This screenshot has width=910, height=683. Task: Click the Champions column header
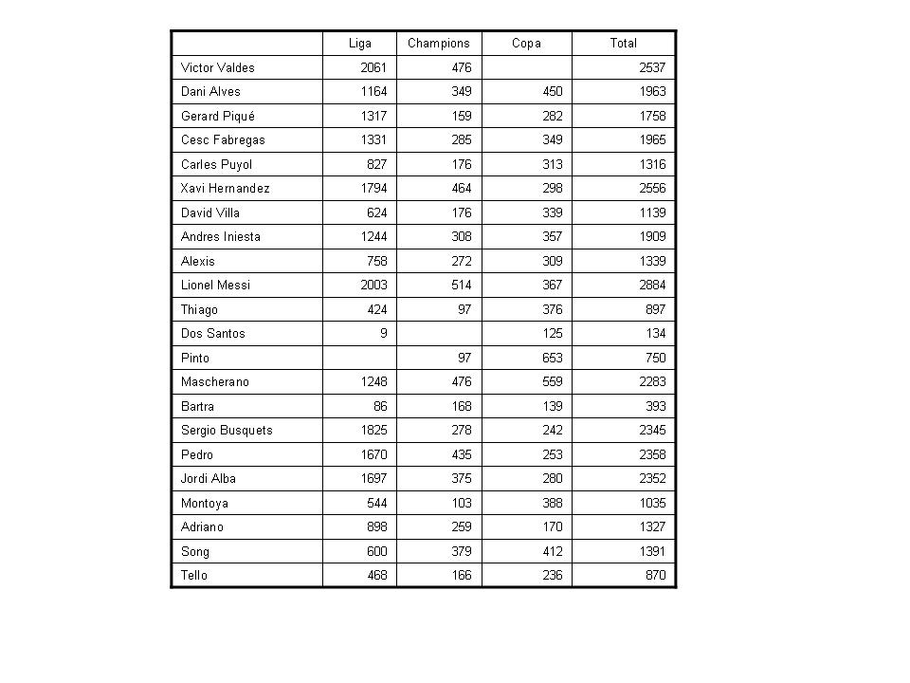tap(438, 44)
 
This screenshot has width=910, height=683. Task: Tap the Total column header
tap(623, 44)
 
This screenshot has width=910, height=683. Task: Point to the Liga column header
tap(359, 44)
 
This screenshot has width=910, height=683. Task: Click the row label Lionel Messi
tap(215, 286)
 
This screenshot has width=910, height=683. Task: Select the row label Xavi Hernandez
tap(225, 189)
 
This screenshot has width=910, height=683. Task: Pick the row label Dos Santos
tap(212, 334)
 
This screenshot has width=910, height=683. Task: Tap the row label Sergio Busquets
tap(227, 431)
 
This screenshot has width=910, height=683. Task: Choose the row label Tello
tap(193, 576)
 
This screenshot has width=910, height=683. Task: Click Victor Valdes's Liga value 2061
tap(374, 68)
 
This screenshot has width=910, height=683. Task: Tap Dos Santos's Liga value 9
tap(385, 334)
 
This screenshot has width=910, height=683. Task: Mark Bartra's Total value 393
tap(655, 407)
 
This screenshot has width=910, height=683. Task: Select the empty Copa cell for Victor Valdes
tap(526, 68)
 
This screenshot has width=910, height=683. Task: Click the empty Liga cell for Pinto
tap(359, 359)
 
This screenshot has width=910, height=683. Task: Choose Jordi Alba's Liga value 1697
tap(374, 479)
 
